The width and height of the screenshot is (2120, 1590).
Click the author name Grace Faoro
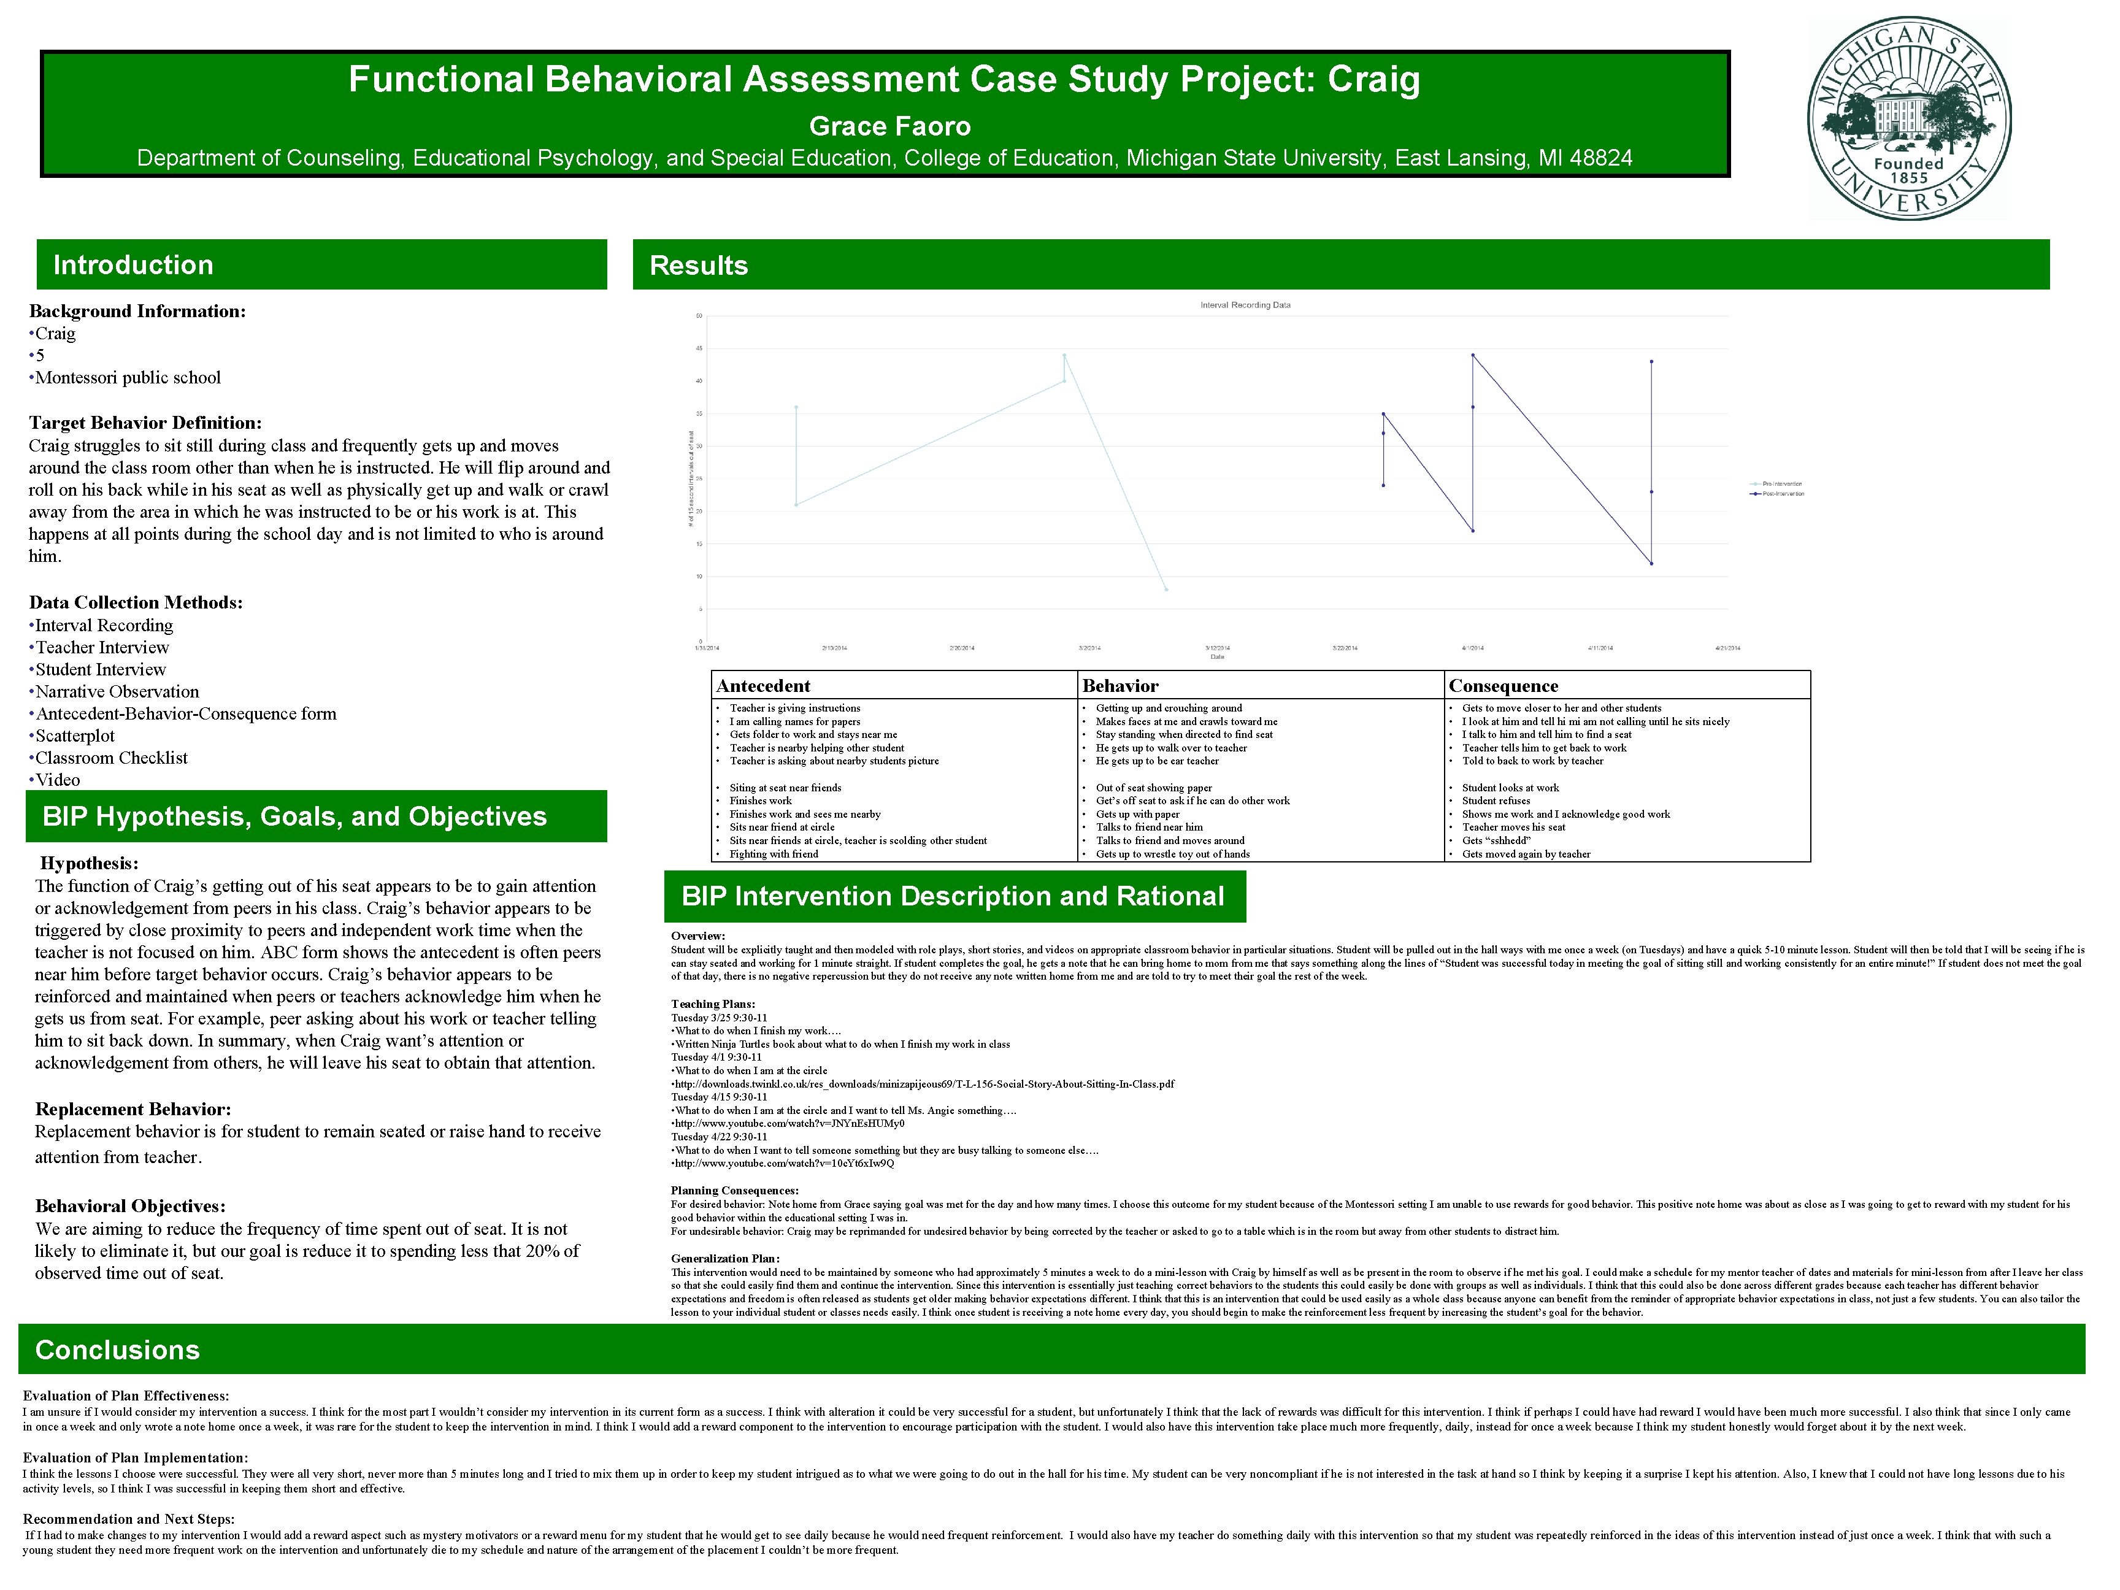[889, 126]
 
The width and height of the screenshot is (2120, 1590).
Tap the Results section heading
[699, 266]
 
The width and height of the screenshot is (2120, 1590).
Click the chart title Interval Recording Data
[1245, 305]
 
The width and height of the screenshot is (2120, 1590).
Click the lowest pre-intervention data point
[1166, 590]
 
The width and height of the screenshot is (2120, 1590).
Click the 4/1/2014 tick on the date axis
[1472, 648]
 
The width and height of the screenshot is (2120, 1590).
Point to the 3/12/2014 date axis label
[1217, 648]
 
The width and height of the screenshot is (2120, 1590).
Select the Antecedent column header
[763, 685]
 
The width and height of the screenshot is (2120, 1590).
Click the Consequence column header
[1503, 685]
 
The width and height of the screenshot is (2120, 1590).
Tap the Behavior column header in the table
[1120, 685]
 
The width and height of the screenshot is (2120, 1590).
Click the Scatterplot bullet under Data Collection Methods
[75, 735]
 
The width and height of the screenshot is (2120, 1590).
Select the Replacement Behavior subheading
[133, 1109]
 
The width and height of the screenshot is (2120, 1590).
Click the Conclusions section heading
[117, 1350]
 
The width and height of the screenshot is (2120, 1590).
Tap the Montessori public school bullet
[128, 378]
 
